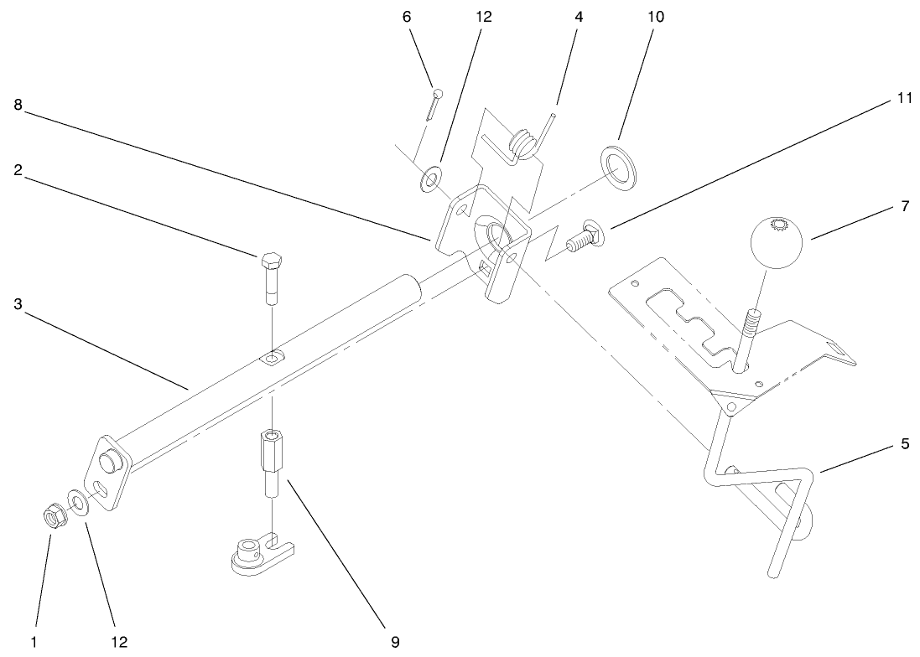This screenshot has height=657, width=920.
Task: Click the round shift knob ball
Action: point(776,241)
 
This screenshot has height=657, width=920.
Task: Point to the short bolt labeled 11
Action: point(579,237)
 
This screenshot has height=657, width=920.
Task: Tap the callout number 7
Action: point(904,206)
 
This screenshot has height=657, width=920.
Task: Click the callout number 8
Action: point(18,105)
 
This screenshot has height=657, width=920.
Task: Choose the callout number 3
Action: point(18,304)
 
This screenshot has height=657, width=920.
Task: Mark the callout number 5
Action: point(904,443)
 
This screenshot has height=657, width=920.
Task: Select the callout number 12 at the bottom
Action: point(119,642)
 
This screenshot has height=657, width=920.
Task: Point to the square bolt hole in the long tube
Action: point(272,359)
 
